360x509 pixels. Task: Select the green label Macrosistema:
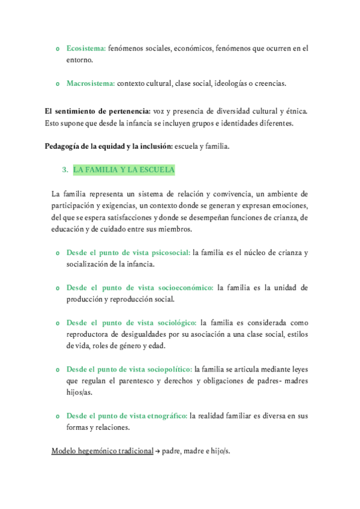(91, 83)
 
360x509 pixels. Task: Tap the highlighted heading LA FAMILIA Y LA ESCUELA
(124, 170)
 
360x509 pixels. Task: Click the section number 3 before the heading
(65, 170)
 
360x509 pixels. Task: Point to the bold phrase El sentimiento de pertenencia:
(98, 111)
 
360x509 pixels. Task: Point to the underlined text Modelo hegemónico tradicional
(103, 451)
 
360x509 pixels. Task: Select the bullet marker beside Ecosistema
(57, 49)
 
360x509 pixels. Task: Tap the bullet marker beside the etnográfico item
(57, 416)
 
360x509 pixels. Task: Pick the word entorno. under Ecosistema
(80, 60)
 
